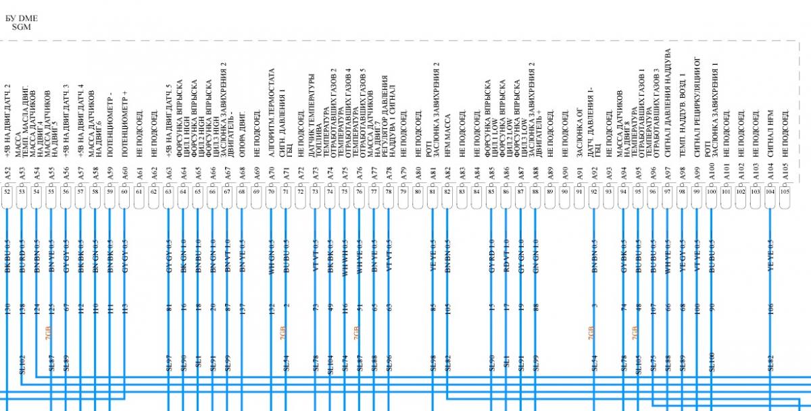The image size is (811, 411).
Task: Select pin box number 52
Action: (x=7, y=191)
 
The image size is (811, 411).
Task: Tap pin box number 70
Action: (x=271, y=191)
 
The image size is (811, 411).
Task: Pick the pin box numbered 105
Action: (x=784, y=191)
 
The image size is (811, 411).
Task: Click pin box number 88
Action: (x=535, y=191)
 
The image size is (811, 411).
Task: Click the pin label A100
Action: (x=711, y=173)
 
